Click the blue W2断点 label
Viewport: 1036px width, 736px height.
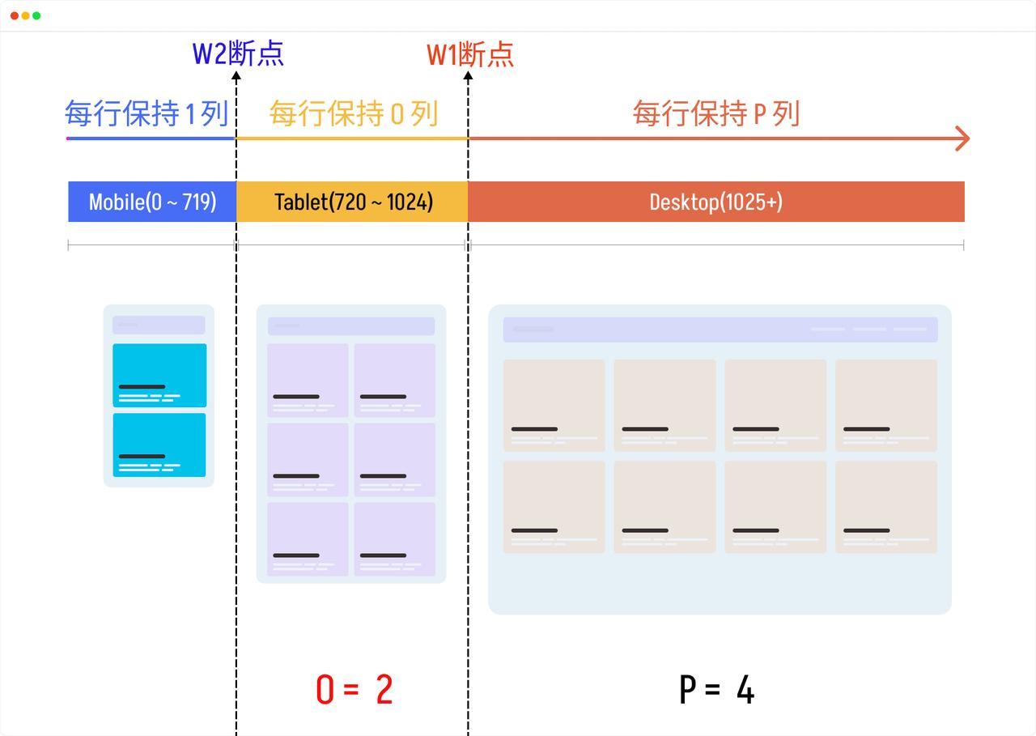[238, 53]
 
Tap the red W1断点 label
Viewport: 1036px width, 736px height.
[470, 54]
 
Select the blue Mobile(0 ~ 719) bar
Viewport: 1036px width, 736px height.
[152, 202]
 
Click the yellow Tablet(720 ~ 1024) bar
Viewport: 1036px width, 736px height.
[352, 202]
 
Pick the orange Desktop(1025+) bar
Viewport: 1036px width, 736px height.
[716, 202]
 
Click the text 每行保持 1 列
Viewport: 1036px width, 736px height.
[146, 113]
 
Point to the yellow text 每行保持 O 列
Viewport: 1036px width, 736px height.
[354, 114]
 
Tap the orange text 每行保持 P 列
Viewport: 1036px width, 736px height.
[716, 114]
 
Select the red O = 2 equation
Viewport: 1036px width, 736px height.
[355, 689]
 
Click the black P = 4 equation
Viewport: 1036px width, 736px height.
[716, 689]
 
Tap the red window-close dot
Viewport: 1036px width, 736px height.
[15, 15]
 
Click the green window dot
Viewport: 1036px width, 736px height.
[36, 15]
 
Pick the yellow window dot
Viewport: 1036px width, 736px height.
[25, 15]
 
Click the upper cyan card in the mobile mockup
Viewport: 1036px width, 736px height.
[159, 375]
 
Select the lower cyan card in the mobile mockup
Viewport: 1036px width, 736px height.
[159, 445]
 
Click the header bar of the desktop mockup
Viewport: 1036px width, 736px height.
[720, 330]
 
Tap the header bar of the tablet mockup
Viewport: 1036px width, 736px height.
[351, 326]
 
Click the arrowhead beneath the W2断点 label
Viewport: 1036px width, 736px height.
[236, 76]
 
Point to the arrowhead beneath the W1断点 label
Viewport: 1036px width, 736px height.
[468, 76]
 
